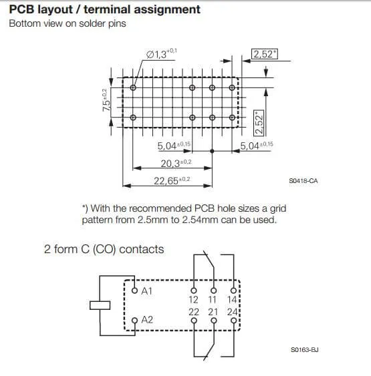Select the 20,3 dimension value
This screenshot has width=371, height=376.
(x=170, y=164)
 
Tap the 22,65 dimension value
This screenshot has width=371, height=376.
(x=166, y=181)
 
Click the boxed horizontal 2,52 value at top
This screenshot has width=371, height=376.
(x=265, y=54)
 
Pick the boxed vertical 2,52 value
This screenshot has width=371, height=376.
(x=259, y=123)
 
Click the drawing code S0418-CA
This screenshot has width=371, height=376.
(x=303, y=181)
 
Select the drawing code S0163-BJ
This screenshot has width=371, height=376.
(x=305, y=350)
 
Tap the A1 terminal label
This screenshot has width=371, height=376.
(x=146, y=291)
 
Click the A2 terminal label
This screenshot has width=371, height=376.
(x=147, y=320)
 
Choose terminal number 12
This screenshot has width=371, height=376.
(x=193, y=300)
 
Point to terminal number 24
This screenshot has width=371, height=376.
(x=233, y=312)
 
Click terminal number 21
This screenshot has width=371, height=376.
(x=213, y=312)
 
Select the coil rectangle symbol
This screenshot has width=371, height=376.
(x=100, y=305)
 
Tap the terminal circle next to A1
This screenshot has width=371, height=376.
(x=134, y=291)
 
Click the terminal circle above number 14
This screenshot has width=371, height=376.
(x=233, y=291)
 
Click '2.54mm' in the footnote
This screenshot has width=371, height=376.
(x=201, y=220)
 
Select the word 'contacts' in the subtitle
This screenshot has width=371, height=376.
(x=142, y=249)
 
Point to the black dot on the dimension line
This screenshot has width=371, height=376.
(x=212, y=151)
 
